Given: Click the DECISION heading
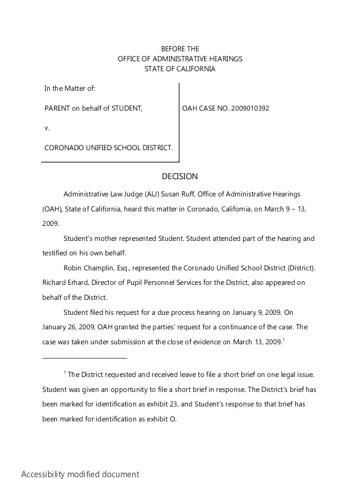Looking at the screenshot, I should coord(180,176).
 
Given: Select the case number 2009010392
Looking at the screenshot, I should coord(250,109).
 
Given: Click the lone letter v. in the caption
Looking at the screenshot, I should coord(47,128).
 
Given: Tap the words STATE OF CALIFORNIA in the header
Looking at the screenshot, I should coord(180,69).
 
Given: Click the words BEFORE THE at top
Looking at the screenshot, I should coord(180,49).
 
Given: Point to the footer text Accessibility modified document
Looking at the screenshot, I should coord(80,474).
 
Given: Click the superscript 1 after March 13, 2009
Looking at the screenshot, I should coord(284,340).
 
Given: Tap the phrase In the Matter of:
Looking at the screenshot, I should coord(70,88).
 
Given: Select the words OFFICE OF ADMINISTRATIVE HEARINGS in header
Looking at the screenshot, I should coord(180,59).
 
